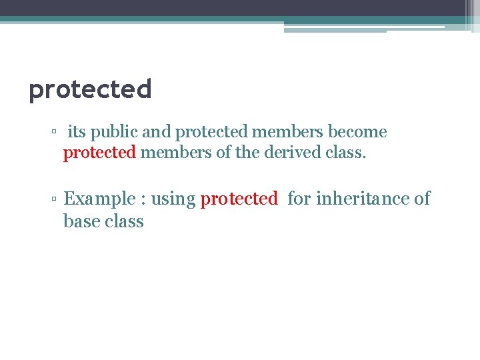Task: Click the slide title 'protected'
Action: (x=90, y=89)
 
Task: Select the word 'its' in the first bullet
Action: (x=77, y=132)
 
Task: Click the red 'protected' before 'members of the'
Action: (x=99, y=153)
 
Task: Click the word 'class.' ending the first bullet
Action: (x=347, y=153)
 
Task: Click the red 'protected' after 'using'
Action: (x=239, y=199)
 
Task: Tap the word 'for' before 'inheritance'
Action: (x=299, y=199)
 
